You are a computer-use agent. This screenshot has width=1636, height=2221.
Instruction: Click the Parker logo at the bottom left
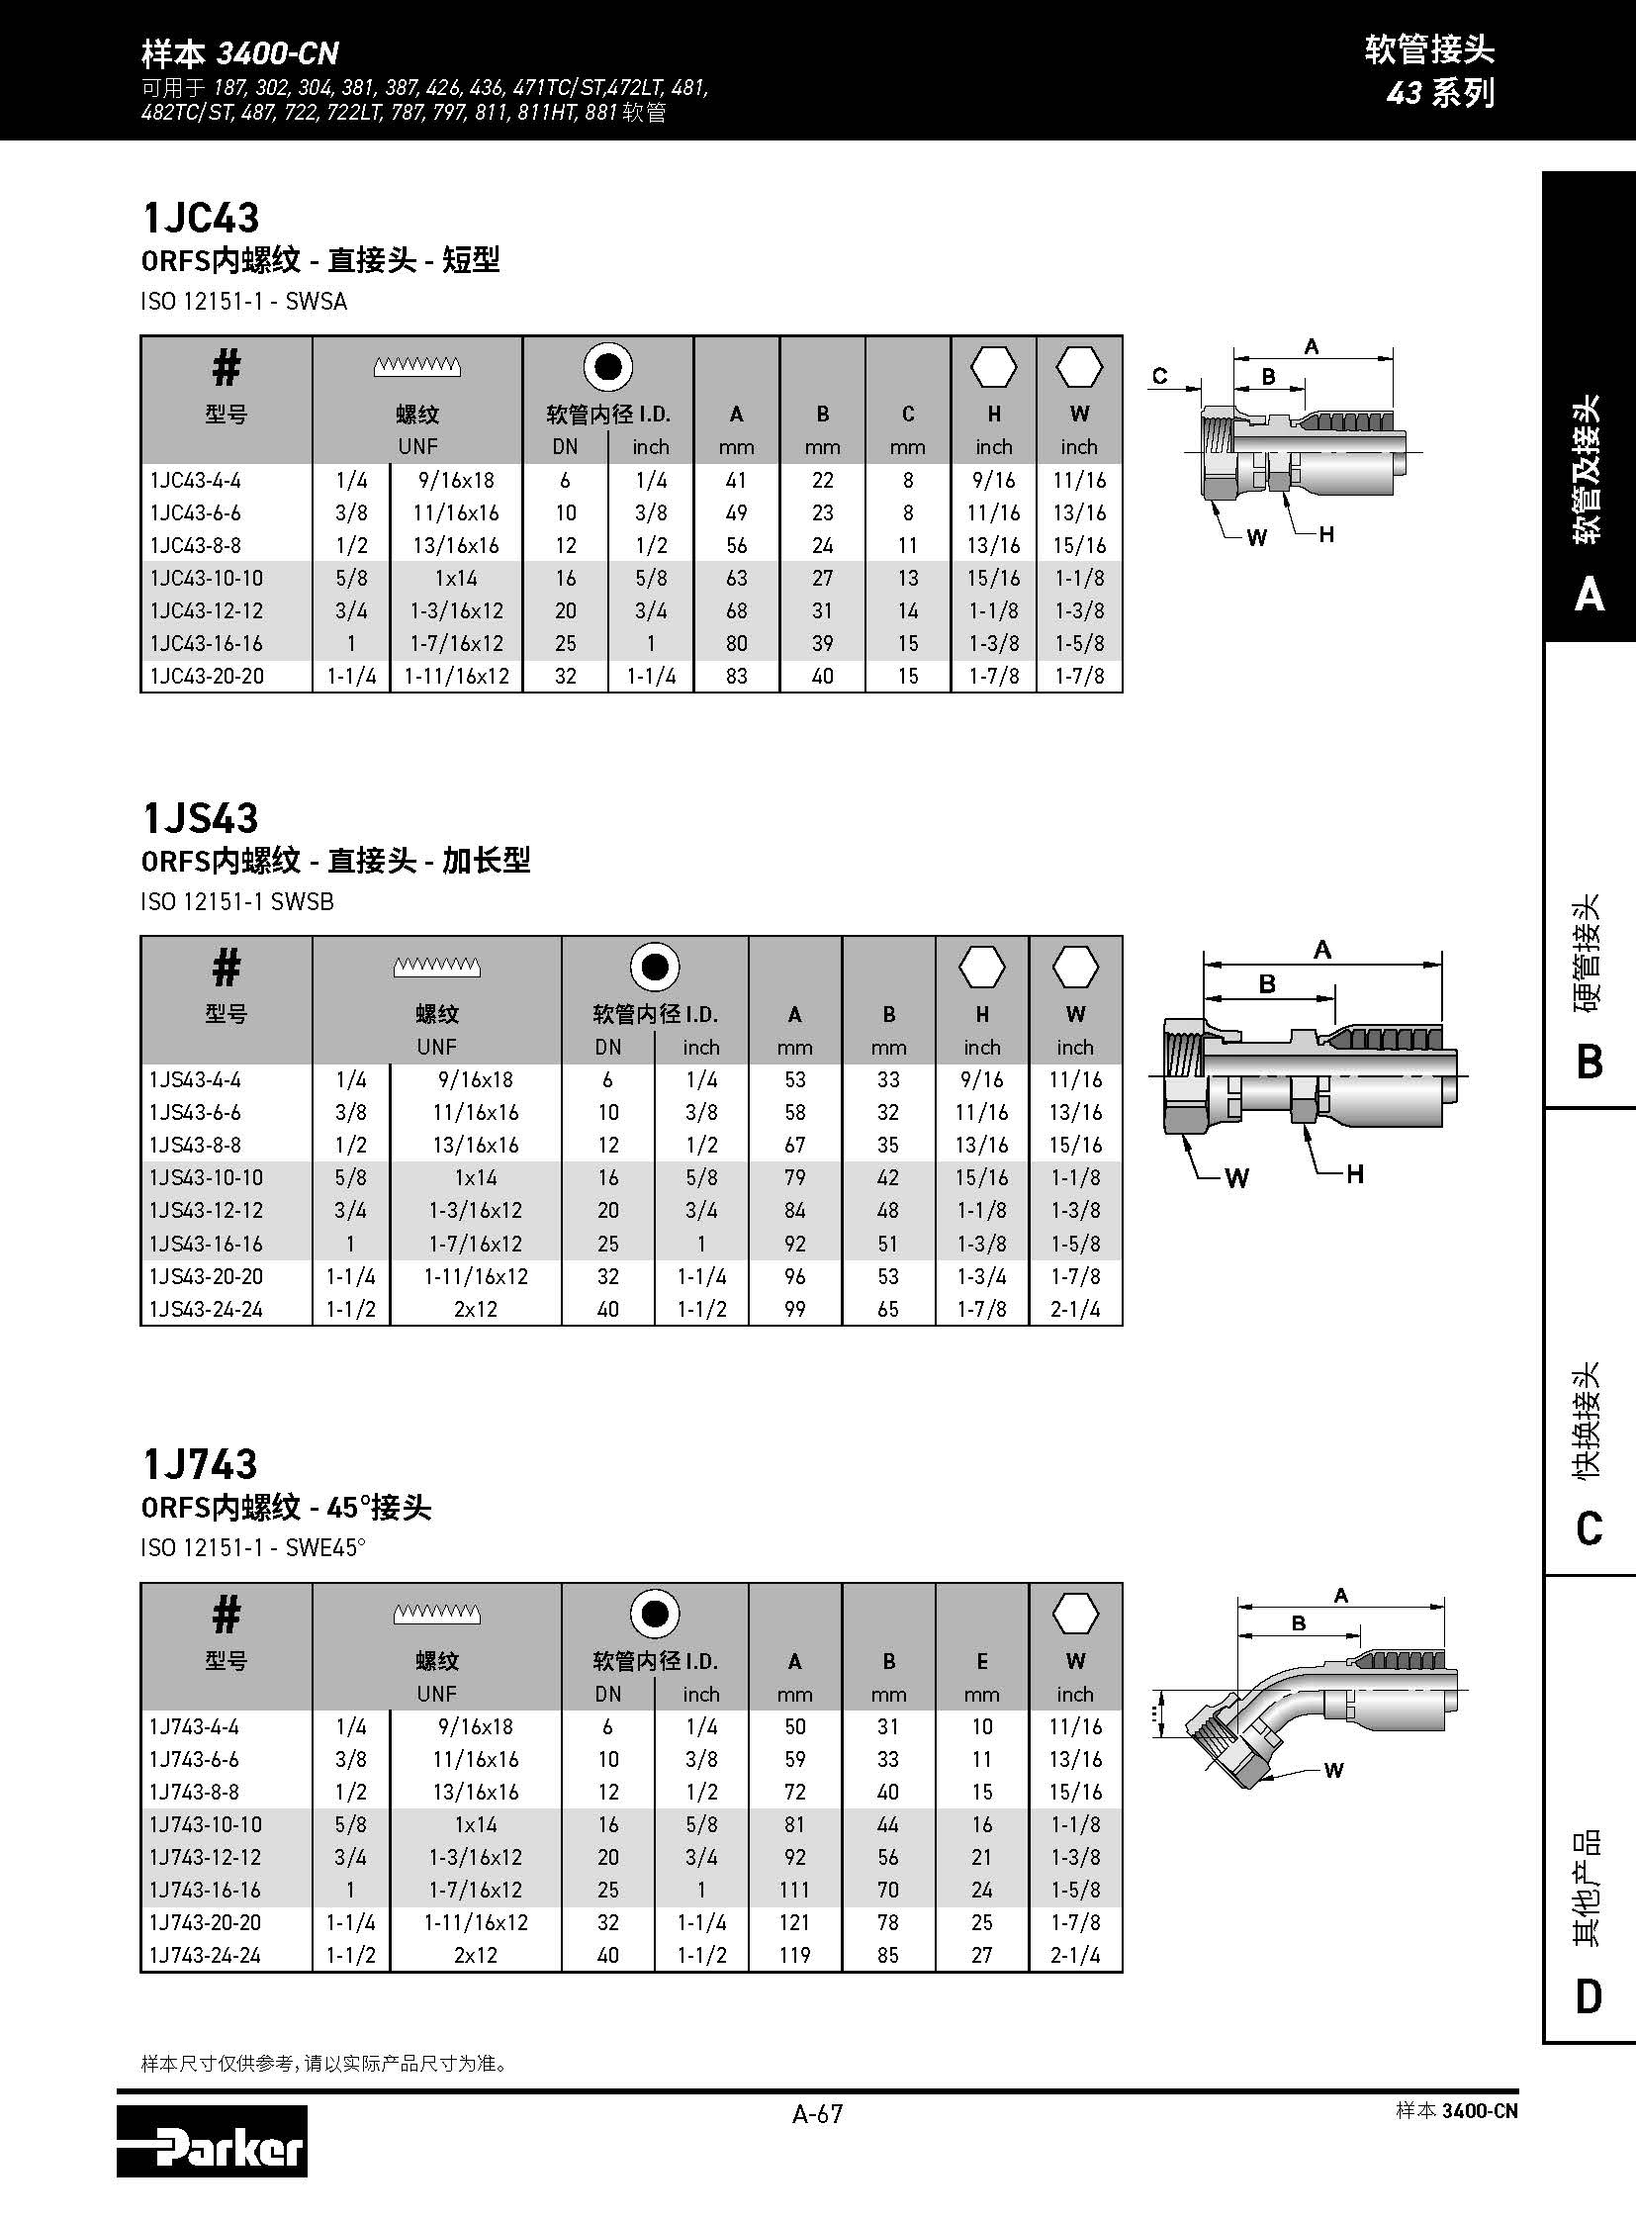point(211,2142)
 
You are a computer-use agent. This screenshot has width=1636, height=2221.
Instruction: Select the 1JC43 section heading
point(201,218)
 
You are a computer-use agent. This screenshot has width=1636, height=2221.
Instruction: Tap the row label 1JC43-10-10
point(206,579)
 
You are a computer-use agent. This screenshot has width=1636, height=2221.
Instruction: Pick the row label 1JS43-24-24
point(206,1309)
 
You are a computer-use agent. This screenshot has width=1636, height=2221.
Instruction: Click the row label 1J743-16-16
point(205,1890)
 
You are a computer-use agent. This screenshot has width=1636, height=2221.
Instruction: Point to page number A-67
point(817,2114)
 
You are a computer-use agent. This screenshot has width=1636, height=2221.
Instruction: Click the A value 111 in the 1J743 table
point(794,1890)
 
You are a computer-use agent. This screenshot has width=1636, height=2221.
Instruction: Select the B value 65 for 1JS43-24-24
point(888,1309)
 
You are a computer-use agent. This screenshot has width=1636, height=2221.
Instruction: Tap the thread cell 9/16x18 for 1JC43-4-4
point(456,481)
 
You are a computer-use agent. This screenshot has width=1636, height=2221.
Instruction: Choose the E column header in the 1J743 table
point(981,1661)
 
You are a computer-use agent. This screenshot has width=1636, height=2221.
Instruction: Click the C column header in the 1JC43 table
point(907,415)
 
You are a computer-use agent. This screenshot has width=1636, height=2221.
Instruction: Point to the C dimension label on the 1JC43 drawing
point(1159,376)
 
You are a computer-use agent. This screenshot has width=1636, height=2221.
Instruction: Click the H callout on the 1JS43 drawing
point(1355,1174)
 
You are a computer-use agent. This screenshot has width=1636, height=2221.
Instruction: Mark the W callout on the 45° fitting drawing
point(1334,1770)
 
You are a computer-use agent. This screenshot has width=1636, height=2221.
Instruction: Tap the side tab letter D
point(1589,1996)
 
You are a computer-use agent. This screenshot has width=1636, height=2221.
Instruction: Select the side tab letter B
point(1589,1062)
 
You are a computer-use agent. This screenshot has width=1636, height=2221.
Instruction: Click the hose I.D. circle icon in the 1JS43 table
point(655,967)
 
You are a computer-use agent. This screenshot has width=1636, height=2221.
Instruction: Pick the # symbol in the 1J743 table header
point(226,1615)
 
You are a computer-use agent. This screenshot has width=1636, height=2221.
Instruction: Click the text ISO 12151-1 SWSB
point(237,901)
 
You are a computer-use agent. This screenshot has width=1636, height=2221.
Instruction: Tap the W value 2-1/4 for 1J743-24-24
point(1075,1955)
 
